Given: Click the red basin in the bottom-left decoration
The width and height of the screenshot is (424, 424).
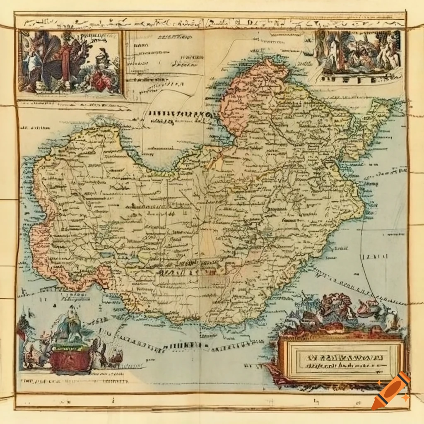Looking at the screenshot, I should click(70, 361).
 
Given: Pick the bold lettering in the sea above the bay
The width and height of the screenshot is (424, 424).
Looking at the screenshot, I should click(178, 114).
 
